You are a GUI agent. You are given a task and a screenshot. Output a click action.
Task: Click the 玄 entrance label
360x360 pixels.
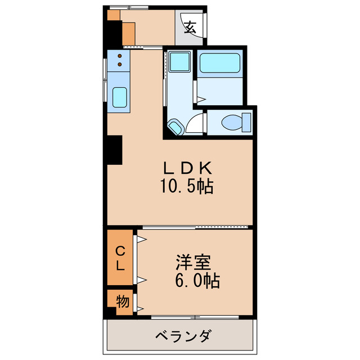190,26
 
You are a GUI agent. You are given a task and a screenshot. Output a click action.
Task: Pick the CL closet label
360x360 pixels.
120,258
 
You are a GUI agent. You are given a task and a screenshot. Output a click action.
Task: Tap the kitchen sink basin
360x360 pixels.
120,98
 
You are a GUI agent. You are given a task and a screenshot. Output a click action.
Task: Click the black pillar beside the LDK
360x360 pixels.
114,150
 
